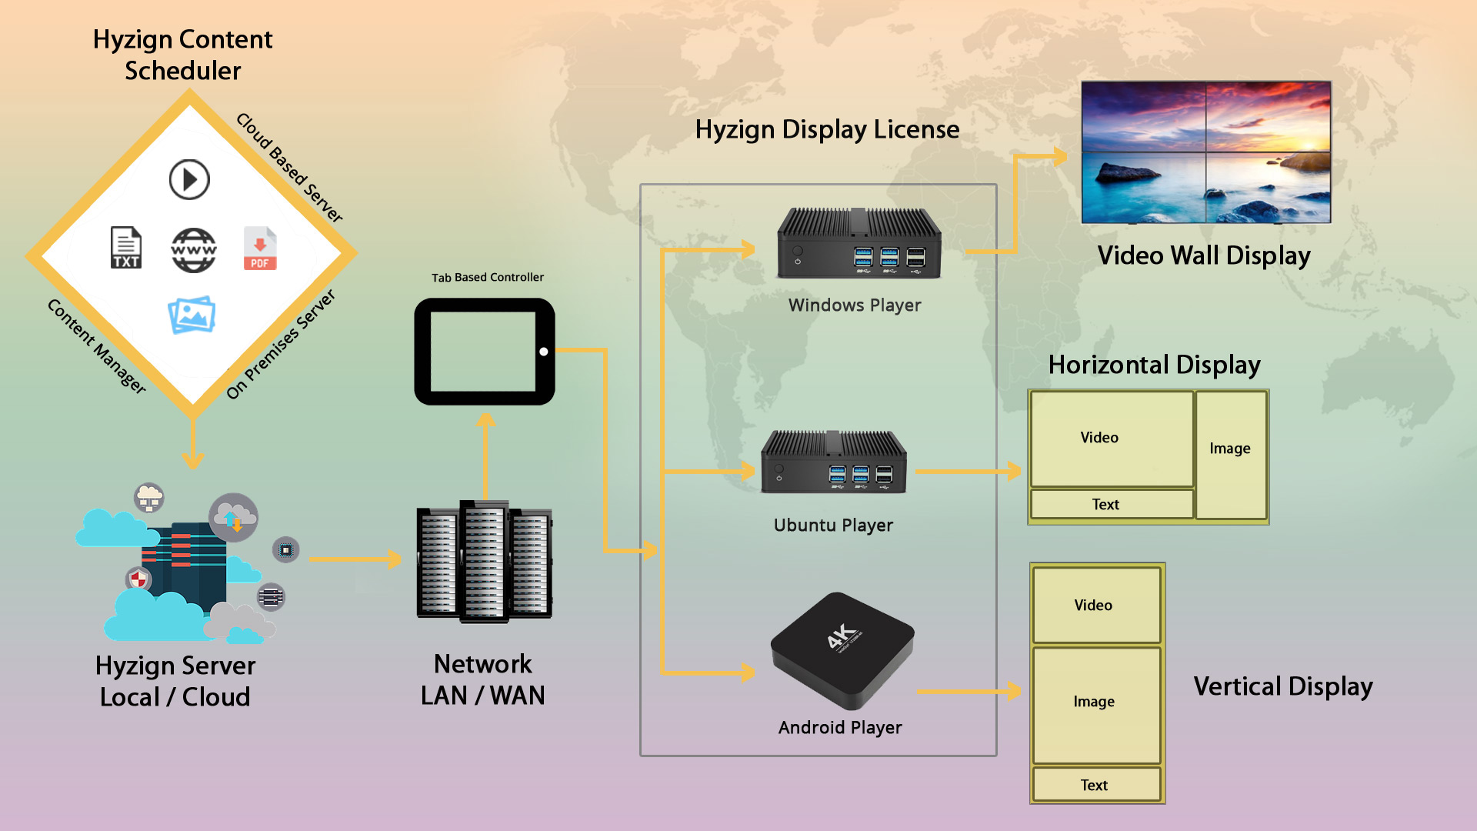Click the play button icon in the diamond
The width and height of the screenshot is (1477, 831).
(x=189, y=179)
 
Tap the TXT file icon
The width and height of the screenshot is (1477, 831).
(x=126, y=248)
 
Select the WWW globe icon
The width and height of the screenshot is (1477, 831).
(x=193, y=250)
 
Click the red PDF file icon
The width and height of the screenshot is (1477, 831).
(x=260, y=249)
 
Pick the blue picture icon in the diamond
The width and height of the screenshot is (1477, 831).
(x=192, y=315)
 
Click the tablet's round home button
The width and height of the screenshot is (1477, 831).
(x=544, y=352)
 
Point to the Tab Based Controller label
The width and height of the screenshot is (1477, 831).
(x=487, y=277)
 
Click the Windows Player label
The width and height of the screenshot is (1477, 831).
(x=854, y=305)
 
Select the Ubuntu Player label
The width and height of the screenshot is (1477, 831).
(x=833, y=525)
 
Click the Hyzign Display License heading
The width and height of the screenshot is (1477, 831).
(x=827, y=129)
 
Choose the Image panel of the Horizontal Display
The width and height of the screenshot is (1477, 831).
(x=1230, y=454)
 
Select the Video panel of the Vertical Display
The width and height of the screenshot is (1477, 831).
(x=1095, y=605)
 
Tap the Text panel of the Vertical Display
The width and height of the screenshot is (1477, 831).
(x=1095, y=784)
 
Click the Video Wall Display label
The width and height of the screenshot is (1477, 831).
(x=1204, y=255)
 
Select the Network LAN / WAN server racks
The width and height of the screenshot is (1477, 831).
(x=485, y=562)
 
